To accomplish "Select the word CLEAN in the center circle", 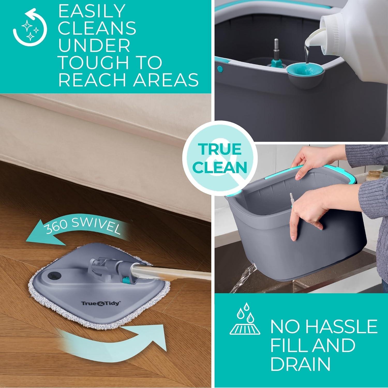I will pyautogui.click(x=220, y=168).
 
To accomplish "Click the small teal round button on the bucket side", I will pyautogui.click(x=220, y=69).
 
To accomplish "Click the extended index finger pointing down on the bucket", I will pyautogui.click(x=294, y=228).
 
